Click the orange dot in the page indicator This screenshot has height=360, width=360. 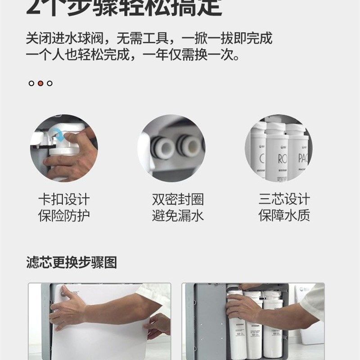point(40,83)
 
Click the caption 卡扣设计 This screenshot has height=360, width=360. point(64,199)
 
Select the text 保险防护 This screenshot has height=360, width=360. point(64,216)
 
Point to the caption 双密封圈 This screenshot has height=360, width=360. point(178,199)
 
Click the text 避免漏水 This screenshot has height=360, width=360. point(178,216)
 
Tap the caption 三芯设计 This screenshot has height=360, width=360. point(284,199)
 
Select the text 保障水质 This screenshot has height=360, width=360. point(284,216)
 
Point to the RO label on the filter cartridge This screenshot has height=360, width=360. point(277,159)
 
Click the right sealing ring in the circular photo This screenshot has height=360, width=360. point(188,146)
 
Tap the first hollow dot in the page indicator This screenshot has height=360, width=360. point(31,83)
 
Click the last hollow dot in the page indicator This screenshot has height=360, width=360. point(49,83)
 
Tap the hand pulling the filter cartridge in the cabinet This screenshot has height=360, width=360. point(243,306)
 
